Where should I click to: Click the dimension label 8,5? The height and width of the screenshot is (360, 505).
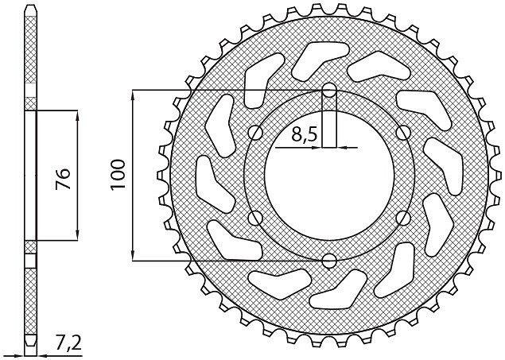click(x=305, y=134)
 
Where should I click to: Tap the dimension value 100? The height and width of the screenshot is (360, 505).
click(x=118, y=175)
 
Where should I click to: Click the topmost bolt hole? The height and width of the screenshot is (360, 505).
click(x=329, y=90)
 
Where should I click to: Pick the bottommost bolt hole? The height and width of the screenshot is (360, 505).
click(x=329, y=261)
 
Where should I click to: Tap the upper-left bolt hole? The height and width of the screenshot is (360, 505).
click(x=256, y=132)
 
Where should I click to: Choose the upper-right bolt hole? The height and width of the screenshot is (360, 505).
click(x=403, y=132)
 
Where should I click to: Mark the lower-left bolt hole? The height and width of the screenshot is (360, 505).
click(x=256, y=219)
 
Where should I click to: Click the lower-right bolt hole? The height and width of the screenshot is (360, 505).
click(x=403, y=219)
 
